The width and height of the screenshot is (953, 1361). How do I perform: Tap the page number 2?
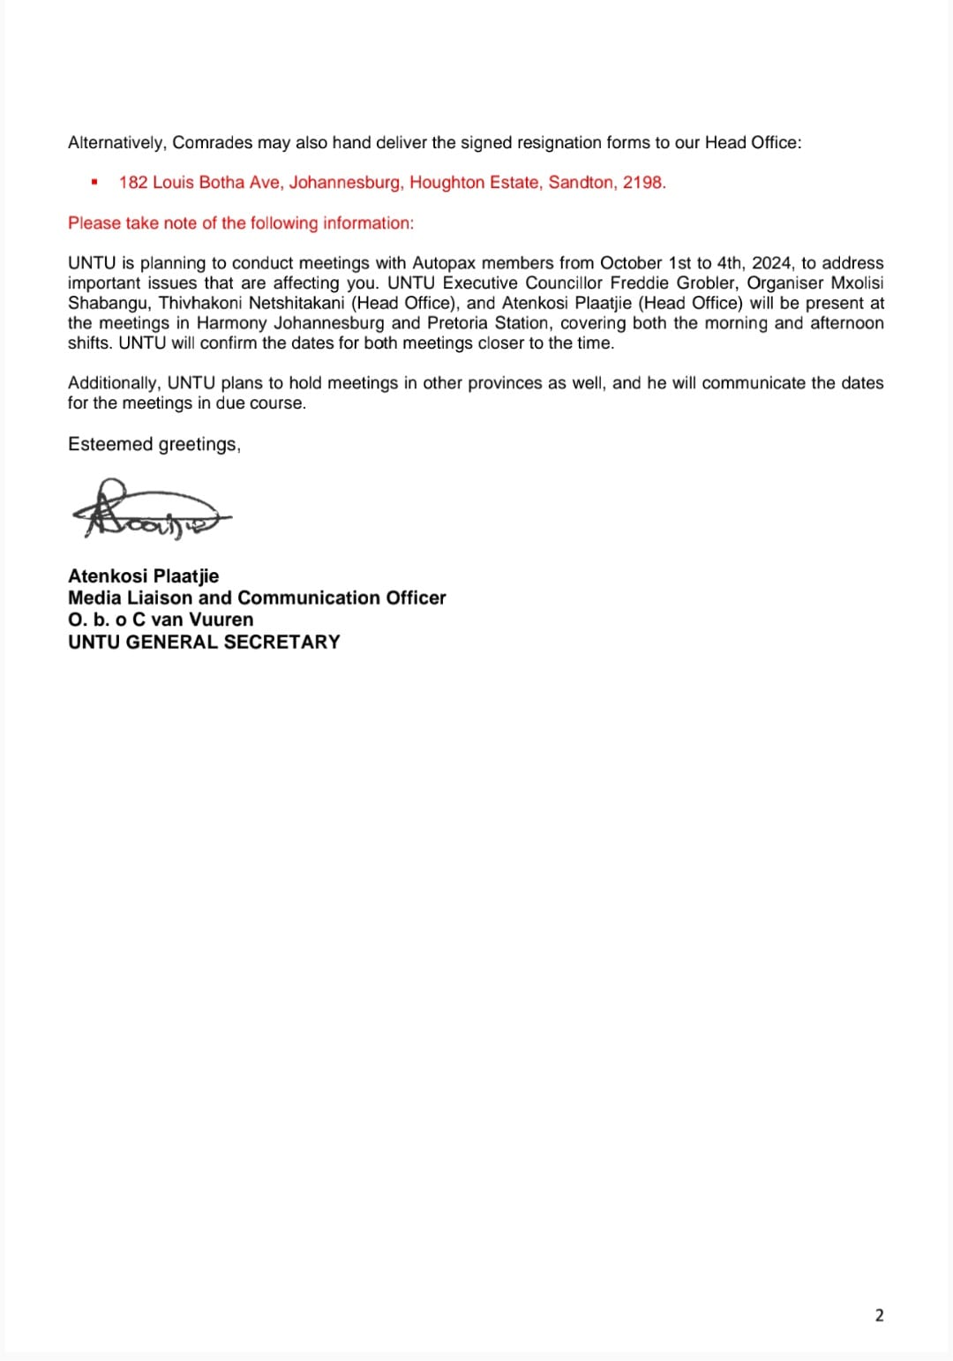coord(879,1315)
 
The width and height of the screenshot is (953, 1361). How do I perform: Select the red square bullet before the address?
coord(94,183)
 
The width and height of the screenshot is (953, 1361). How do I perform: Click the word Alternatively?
coord(116,143)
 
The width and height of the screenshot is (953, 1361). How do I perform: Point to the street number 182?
coord(133,183)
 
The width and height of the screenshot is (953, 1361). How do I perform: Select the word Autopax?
coord(444,263)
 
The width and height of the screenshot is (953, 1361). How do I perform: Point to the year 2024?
coord(771,263)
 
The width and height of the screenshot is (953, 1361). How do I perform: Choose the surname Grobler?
coord(706,283)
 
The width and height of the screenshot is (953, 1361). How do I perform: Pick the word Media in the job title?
coord(94,598)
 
